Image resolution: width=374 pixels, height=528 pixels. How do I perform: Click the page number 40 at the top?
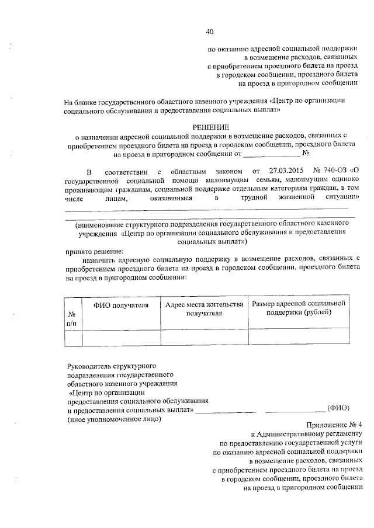[210, 32]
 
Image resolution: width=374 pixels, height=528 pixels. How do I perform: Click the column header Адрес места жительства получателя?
[204, 309]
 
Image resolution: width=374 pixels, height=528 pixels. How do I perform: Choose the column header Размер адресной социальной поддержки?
[299, 309]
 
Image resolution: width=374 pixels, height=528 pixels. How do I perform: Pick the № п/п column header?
[72, 318]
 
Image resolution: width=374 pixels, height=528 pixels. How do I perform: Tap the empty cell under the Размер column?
[299, 337]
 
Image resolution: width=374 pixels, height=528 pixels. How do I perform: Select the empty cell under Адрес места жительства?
[204, 337]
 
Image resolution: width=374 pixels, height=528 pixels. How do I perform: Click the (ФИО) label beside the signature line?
[338, 409]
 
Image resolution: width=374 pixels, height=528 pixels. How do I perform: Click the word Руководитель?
[88, 366]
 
